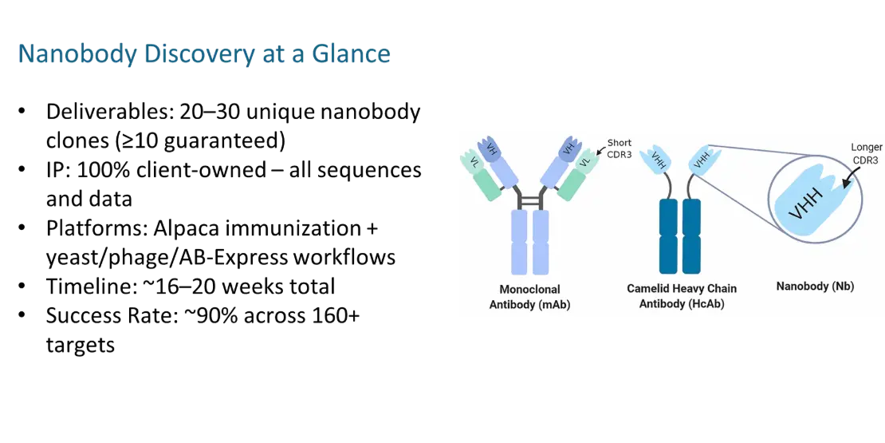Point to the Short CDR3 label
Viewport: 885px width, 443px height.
619,148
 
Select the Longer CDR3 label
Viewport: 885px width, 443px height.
865,153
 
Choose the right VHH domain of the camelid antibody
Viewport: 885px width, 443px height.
701,160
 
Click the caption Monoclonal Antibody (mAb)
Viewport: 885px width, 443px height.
529,296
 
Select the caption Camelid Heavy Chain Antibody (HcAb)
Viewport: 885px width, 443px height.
682,295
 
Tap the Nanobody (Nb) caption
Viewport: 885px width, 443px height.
815,286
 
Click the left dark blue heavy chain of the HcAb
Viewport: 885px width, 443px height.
669,235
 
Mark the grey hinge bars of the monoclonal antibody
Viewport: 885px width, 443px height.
529,199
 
